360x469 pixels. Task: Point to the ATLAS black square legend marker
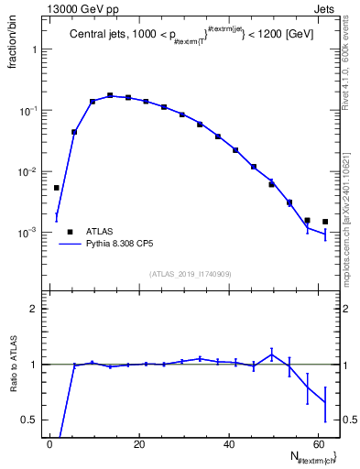click(x=70, y=232)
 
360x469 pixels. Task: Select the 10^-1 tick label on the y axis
click(x=30, y=110)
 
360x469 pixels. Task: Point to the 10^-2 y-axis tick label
click(x=30, y=171)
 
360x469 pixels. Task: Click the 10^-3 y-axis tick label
click(x=30, y=233)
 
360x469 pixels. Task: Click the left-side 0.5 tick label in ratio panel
click(x=32, y=420)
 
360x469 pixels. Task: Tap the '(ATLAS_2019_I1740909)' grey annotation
click(x=190, y=274)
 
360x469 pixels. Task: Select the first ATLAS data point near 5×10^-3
click(x=57, y=188)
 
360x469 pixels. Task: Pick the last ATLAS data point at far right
click(x=325, y=222)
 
